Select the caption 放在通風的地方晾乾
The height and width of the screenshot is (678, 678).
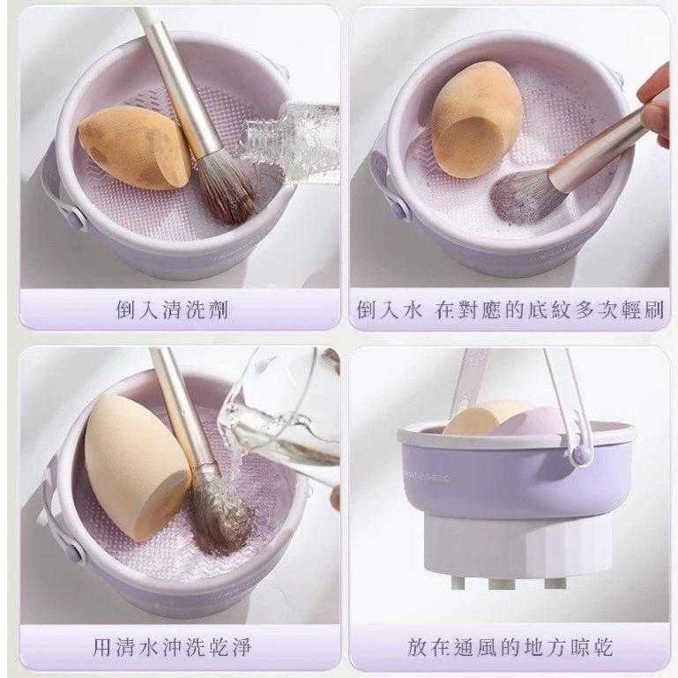(x=510, y=648)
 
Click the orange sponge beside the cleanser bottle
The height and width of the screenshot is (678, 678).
(x=132, y=147)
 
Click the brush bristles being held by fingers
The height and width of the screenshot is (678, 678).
(x=525, y=194)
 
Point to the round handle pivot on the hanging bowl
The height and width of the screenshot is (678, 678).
(x=580, y=454)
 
